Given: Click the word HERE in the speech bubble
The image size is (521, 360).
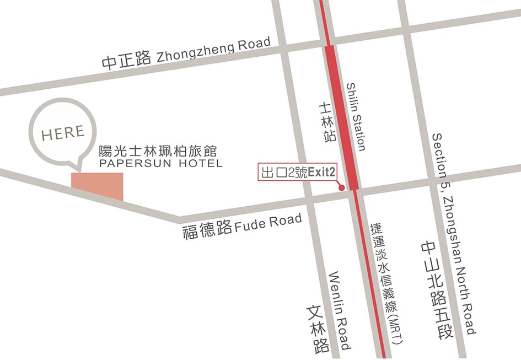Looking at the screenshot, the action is coord(63,133).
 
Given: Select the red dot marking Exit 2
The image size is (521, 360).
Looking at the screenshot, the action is coord(341,188).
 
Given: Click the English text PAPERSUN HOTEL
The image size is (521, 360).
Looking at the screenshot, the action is coord(160,164).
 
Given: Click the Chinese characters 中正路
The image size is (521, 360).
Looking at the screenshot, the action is coord(126,60).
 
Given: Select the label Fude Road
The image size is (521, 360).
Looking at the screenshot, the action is coord(268,223).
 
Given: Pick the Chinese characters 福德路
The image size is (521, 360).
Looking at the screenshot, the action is coord(207,229).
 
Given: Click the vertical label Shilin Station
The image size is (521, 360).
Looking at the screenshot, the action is coord(356,117).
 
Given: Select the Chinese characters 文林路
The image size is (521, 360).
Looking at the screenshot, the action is coord(319,330).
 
